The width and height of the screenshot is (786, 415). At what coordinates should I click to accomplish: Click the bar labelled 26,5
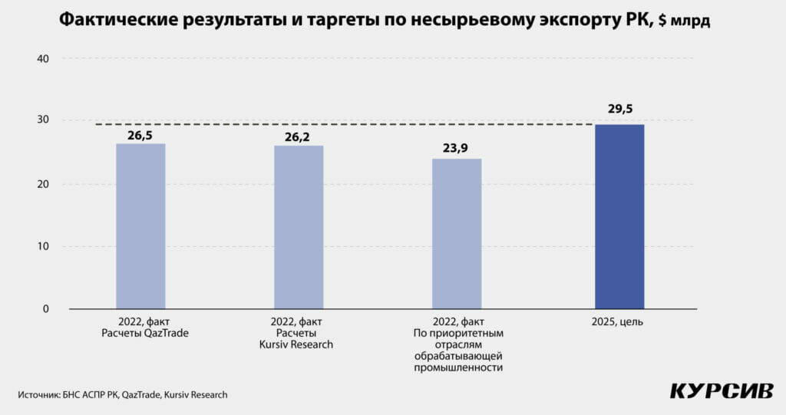(140, 226)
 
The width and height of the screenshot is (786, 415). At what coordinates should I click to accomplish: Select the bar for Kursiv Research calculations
(299, 227)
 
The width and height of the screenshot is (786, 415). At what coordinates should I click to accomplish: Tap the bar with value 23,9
(457, 233)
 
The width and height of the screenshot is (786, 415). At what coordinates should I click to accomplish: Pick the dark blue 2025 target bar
(619, 216)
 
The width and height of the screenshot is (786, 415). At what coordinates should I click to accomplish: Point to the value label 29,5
(620, 110)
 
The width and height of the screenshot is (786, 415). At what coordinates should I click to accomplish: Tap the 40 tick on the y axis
(43, 59)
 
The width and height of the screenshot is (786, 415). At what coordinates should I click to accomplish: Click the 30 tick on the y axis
(43, 120)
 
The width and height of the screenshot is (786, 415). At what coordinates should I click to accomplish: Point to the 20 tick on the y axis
(43, 184)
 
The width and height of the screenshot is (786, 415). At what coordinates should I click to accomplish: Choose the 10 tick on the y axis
(43, 247)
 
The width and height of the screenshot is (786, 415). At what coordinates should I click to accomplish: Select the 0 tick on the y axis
(45, 309)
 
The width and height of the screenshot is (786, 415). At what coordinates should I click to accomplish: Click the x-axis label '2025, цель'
(619, 322)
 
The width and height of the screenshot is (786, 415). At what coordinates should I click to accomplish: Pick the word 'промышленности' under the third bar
(458, 368)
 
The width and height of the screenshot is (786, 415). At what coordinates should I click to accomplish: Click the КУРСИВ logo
(721, 390)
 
